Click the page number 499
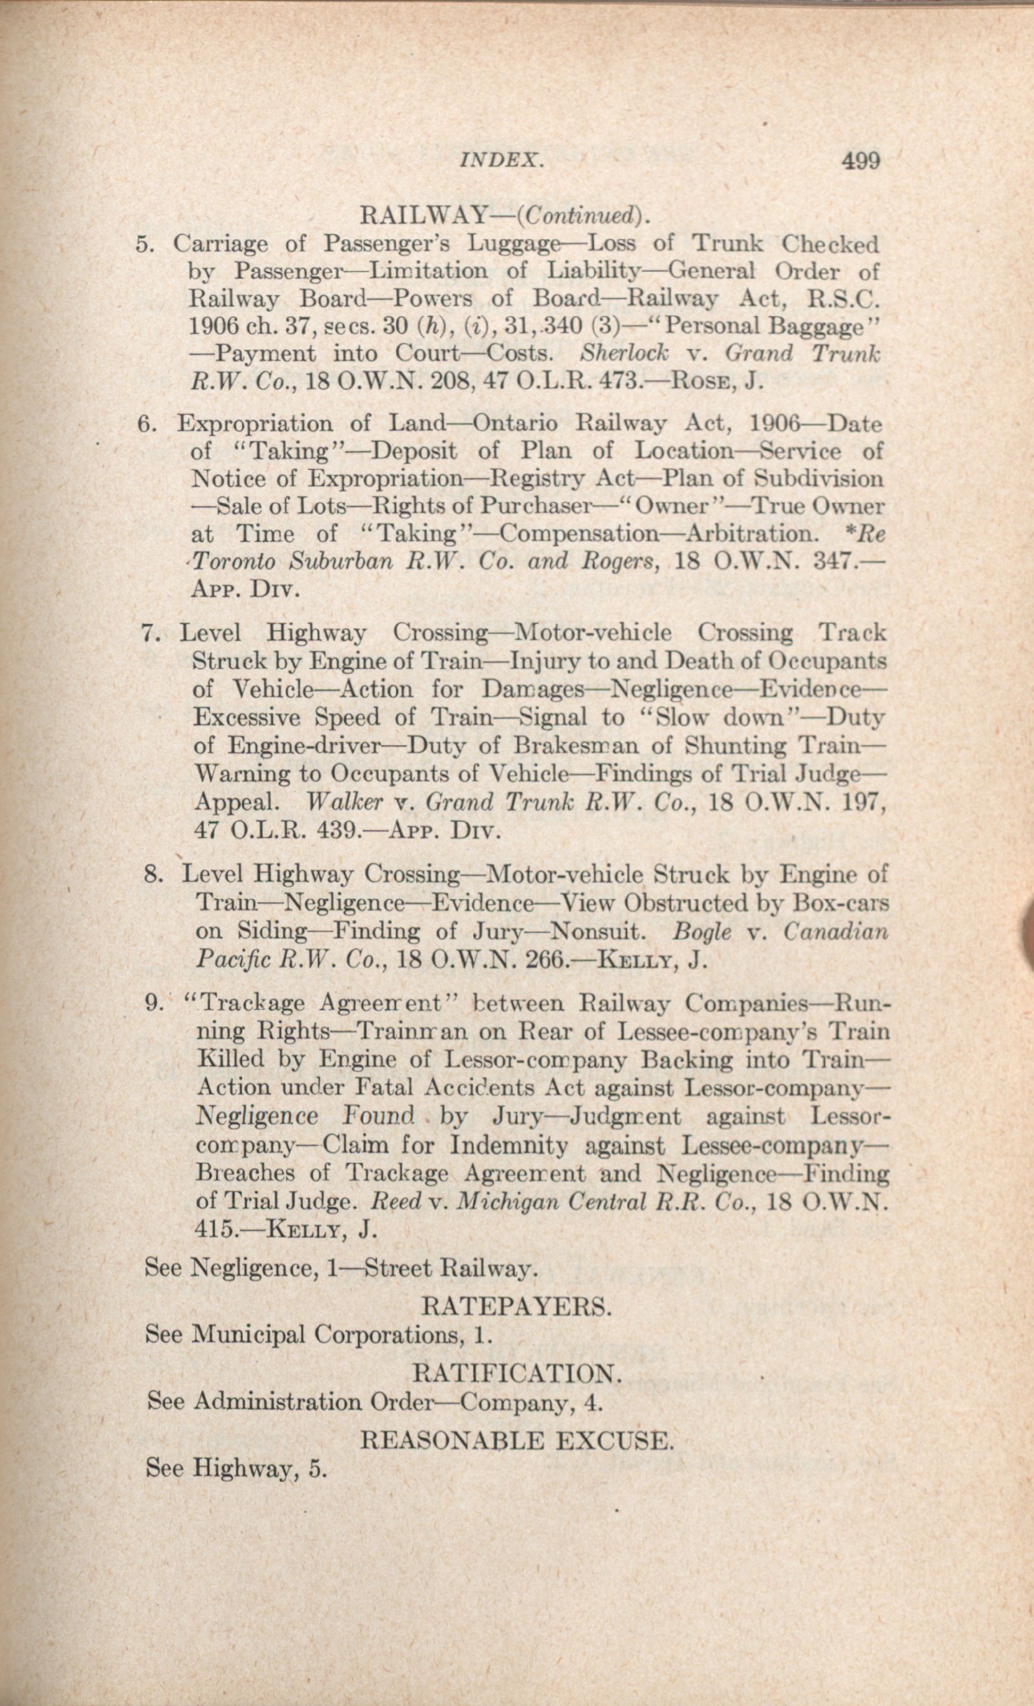point(860,161)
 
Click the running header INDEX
point(501,161)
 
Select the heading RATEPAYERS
point(517,1307)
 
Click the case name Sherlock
point(624,354)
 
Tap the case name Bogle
point(702,932)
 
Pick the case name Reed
point(396,1202)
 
